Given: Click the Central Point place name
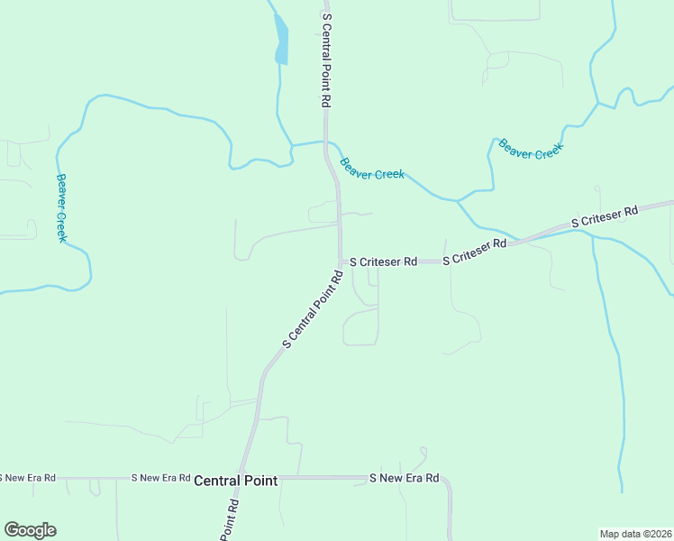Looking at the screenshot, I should pyautogui.click(x=236, y=481).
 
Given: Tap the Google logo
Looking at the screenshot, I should pyautogui.click(x=30, y=530).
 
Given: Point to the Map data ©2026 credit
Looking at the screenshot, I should pyautogui.click(x=635, y=533).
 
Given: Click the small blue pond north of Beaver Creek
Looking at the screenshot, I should pyautogui.click(x=282, y=41).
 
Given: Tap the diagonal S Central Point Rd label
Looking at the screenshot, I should pyautogui.click(x=314, y=310).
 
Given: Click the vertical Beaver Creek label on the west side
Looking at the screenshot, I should pyautogui.click(x=61, y=207).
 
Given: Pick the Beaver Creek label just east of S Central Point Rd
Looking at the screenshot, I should pyautogui.click(x=371, y=169).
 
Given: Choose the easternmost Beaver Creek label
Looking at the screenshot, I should pyautogui.click(x=531, y=150).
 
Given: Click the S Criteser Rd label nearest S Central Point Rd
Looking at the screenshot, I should pyautogui.click(x=383, y=261).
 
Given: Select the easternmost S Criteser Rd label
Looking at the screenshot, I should pyautogui.click(x=605, y=216).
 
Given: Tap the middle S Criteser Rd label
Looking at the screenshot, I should pyautogui.click(x=475, y=252).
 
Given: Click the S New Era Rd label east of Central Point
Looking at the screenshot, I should pyautogui.click(x=405, y=477).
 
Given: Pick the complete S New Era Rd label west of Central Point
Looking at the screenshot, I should pyautogui.click(x=160, y=477).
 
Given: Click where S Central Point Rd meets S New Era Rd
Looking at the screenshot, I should pyautogui.click(x=245, y=477).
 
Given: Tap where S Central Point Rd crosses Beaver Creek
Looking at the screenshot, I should pyautogui.click(x=326, y=142).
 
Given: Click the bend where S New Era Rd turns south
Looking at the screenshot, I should pyautogui.click(x=448, y=482).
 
